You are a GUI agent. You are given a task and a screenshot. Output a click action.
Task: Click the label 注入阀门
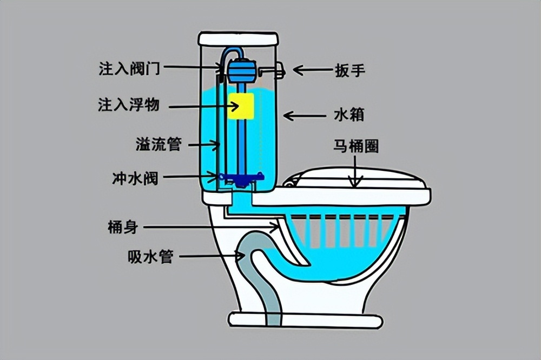128,69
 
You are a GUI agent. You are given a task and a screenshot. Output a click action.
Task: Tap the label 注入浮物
128,105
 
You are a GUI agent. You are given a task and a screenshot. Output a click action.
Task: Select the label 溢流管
157,144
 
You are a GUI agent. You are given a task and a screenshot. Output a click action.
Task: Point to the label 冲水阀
136,178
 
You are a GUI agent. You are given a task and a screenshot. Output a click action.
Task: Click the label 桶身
123,228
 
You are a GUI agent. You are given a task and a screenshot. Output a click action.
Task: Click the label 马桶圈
355,146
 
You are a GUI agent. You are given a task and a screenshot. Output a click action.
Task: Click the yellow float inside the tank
241,106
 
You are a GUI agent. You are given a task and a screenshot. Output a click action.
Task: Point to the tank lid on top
238,39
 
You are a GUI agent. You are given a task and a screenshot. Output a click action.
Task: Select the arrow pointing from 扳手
312,70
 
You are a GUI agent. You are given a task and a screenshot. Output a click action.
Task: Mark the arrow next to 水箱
303,115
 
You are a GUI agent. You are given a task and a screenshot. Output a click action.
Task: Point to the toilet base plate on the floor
306,319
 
